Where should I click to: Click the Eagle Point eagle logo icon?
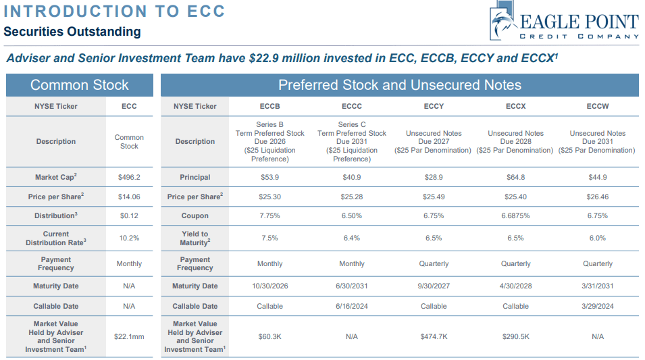tap(503, 22)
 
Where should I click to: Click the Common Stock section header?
tap(79, 85)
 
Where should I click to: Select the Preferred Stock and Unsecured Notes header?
tap(400, 85)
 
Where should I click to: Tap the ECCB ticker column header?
tap(269, 106)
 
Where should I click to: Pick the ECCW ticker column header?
tap(598, 106)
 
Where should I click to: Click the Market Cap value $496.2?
tap(129, 178)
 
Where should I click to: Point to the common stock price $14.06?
tap(129, 197)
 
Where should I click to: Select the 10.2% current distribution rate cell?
tap(129, 238)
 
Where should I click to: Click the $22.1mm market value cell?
tap(129, 336)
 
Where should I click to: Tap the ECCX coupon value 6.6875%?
tap(515, 216)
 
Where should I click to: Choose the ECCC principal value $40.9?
tap(351, 178)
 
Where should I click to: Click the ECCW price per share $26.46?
tap(598, 197)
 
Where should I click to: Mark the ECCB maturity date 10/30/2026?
tap(269, 286)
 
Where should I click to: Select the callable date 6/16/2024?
tap(351, 306)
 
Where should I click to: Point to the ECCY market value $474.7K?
tap(434, 336)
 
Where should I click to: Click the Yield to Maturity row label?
tap(195, 238)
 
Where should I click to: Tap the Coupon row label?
tap(195, 216)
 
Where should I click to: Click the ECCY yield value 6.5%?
tap(434, 238)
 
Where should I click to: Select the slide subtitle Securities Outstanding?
tap(72, 32)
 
